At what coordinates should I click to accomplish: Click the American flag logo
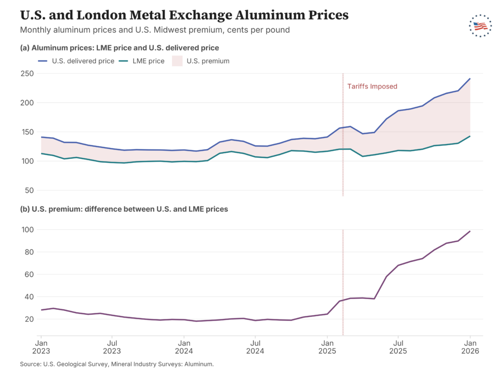(480, 26)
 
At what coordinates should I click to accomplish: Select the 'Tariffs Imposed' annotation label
(372, 86)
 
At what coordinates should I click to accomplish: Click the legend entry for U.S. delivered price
(76, 61)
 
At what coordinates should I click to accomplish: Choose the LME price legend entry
(141, 61)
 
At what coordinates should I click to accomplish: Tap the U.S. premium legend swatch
(177, 61)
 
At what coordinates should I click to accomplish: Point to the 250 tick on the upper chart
(28, 74)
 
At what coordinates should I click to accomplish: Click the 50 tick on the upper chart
(29, 190)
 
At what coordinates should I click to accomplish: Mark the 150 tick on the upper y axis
(28, 132)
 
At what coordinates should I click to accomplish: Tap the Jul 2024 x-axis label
(255, 347)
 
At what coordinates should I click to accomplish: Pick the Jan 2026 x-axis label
(470, 347)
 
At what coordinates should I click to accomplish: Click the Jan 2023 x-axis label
(41, 347)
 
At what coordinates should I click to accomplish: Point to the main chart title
(184, 15)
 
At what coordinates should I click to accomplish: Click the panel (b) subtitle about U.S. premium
(124, 209)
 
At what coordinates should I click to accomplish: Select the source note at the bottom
(117, 364)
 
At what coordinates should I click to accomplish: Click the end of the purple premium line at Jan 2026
(470, 231)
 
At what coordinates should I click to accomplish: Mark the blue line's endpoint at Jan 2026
(470, 78)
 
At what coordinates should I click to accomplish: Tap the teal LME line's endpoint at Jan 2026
(470, 136)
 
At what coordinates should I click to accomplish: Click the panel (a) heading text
(119, 48)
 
